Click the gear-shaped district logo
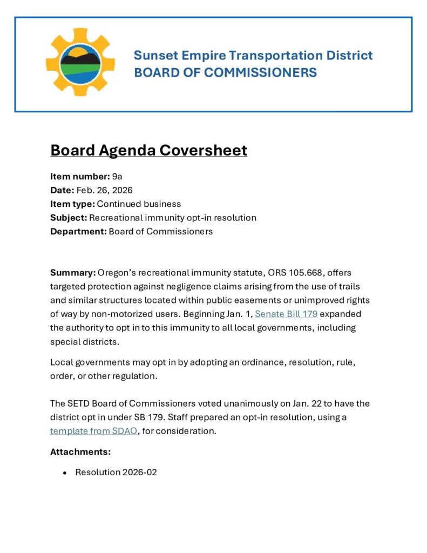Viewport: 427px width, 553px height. [80, 62]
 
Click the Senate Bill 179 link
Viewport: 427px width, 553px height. [286, 314]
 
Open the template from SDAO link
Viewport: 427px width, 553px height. [93, 431]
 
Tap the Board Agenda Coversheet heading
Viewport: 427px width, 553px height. [148, 150]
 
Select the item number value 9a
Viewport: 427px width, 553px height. [117, 176]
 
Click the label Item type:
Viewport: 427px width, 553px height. [72, 204]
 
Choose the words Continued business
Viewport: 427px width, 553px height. [139, 204]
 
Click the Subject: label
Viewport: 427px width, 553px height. [69, 218]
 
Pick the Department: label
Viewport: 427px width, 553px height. [78, 232]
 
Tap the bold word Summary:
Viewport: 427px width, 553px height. [73, 273]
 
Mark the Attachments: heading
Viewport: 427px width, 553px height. [80, 451]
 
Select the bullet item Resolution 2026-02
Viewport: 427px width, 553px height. [116, 472]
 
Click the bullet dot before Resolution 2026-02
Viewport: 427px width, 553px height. [65, 473]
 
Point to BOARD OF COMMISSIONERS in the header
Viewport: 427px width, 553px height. [225, 72]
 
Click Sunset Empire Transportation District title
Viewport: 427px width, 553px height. [253, 55]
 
